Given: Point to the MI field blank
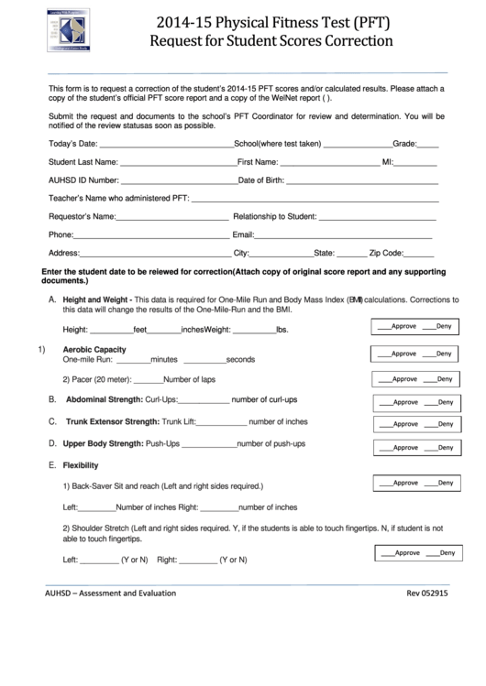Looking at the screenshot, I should (422, 164).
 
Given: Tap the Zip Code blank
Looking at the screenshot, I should (418, 255).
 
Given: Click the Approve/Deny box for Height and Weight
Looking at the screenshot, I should (413, 327).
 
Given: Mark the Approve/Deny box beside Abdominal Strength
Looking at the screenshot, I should (413, 402).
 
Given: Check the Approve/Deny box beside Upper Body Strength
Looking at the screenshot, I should (413, 446).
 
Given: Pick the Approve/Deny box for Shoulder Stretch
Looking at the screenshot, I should (417, 553).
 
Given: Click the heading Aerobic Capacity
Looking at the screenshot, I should (94, 350).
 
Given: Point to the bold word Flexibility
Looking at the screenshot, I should (81, 465).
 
